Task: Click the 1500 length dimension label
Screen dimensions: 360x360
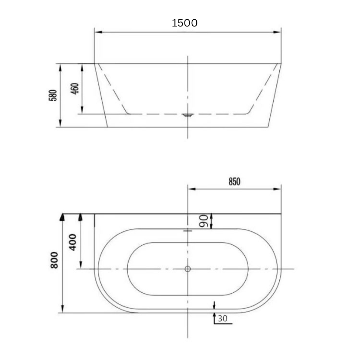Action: click(x=184, y=23)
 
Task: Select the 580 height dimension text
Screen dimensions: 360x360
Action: click(x=53, y=95)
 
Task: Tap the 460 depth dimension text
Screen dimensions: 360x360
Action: click(x=75, y=88)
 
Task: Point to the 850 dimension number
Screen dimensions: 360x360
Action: click(x=234, y=182)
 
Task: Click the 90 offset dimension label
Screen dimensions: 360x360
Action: click(x=204, y=221)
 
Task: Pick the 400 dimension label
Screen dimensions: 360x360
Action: click(x=73, y=242)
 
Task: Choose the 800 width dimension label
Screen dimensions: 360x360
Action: click(x=54, y=260)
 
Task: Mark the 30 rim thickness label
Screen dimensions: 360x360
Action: click(x=222, y=318)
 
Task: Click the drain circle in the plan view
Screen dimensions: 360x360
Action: click(x=188, y=269)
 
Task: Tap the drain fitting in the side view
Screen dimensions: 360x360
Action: click(x=188, y=115)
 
